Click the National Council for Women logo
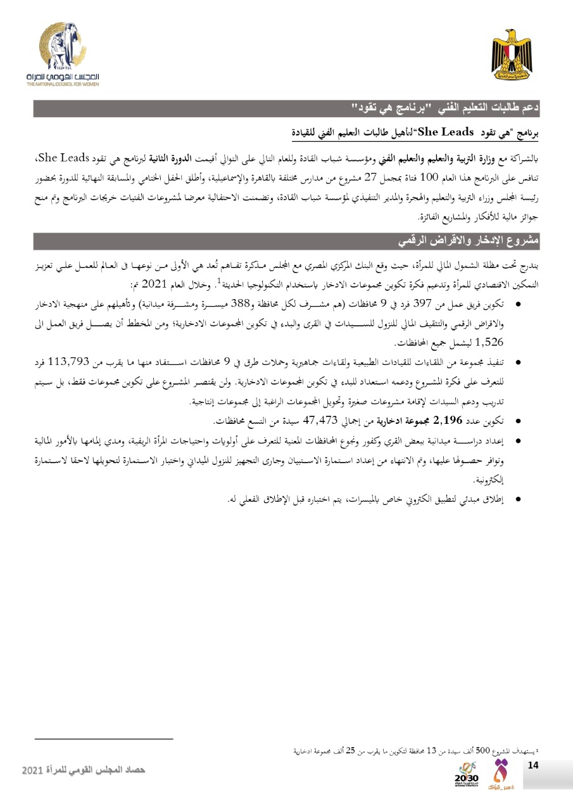(63, 54)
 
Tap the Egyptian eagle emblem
(512, 53)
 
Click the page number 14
(532, 765)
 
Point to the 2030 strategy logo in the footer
(468, 774)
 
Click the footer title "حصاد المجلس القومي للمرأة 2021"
(84, 769)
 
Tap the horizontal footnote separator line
(104, 739)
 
